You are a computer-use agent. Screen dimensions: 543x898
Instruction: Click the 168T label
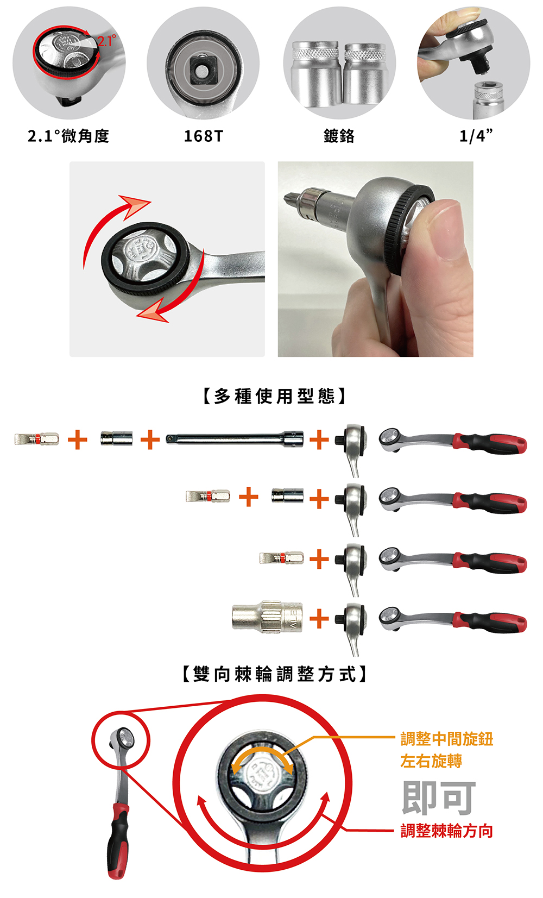click(203, 136)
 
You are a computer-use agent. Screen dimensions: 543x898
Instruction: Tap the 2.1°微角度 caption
click(68, 136)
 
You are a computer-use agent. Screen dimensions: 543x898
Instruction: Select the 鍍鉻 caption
click(339, 136)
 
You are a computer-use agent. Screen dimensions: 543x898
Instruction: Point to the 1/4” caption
click(475, 136)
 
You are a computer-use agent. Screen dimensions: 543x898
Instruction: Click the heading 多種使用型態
click(275, 396)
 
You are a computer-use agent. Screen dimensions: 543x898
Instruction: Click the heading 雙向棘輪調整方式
click(275, 674)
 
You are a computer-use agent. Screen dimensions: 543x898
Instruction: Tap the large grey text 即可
click(439, 798)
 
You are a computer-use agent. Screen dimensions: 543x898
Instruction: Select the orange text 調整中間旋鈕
click(447, 739)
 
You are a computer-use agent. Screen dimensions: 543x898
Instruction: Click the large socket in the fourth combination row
click(268, 617)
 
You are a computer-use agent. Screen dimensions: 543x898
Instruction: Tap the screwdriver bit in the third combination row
click(281, 558)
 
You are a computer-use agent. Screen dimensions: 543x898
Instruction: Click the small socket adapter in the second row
click(287, 495)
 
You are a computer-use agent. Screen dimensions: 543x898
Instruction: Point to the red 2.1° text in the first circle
click(106, 41)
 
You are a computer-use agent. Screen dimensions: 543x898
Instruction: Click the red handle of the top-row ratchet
click(490, 443)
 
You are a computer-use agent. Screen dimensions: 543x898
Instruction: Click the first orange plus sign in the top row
click(78, 439)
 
